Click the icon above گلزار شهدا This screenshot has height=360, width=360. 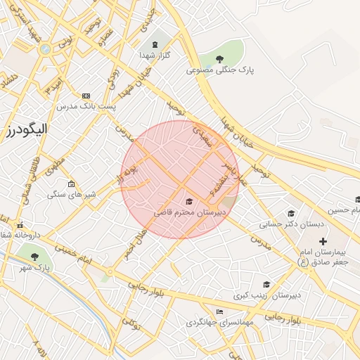(155, 44)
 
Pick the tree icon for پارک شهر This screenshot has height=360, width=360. (34, 257)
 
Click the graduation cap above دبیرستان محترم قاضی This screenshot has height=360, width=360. (188, 202)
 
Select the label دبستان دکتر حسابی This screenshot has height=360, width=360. (283, 225)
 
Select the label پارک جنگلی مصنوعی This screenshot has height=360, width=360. (220, 70)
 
